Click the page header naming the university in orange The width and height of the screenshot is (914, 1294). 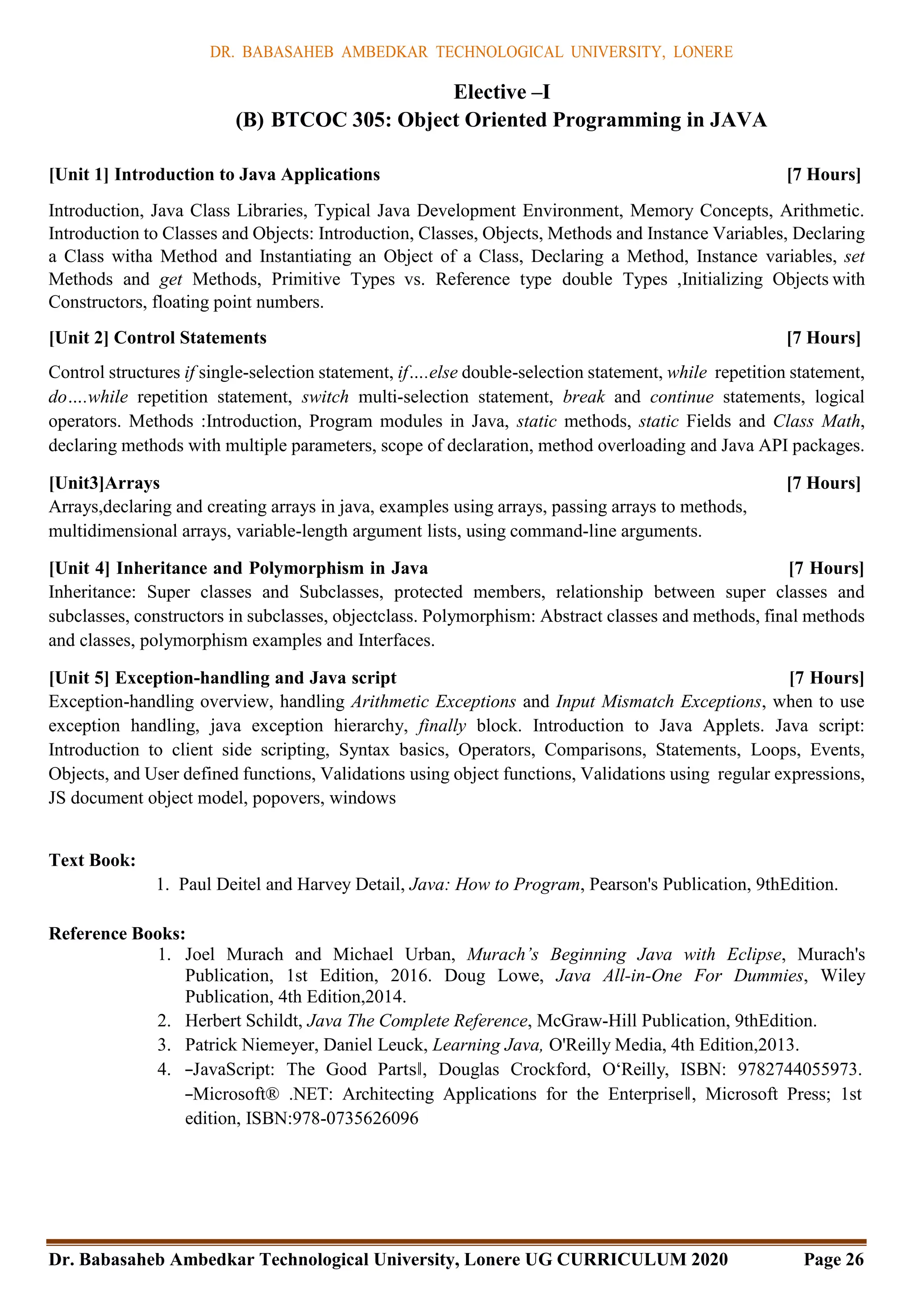[471, 52]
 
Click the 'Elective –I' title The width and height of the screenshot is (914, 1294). [501, 92]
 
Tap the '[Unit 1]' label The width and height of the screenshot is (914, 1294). [79, 175]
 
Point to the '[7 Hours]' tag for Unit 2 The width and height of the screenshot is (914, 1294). [823, 338]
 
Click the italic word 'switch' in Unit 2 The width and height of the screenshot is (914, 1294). [325, 397]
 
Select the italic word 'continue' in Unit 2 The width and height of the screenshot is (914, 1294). [681, 397]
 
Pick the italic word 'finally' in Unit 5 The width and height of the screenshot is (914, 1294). [441, 726]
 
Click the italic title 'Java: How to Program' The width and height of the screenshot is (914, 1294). [494, 884]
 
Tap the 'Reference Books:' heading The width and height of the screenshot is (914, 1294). [117, 933]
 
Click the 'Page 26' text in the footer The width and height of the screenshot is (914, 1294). [833, 1259]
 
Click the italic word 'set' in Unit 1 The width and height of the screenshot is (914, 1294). [854, 257]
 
